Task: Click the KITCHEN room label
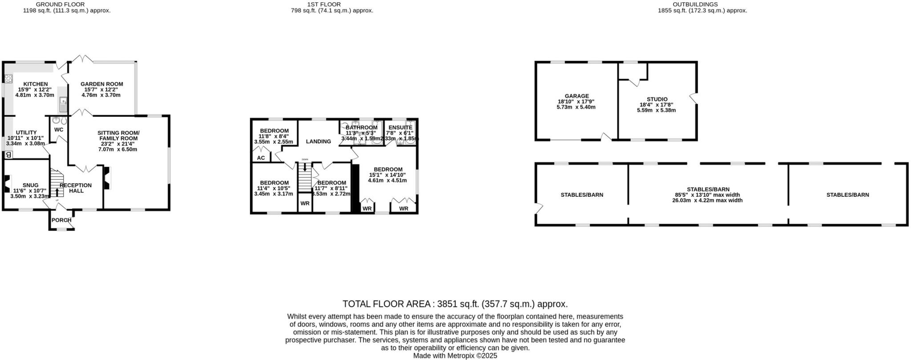[x=35, y=84]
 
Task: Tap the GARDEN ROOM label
[x=102, y=84]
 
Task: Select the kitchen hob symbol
[x=8, y=79]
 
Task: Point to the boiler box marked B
[x=8, y=155]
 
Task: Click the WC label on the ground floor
[x=59, y=129]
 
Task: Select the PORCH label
[x=61, y=220]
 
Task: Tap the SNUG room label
[x=30, y=185]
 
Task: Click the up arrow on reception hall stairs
[x=57, y=192]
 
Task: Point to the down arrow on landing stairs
[x=305, y=167]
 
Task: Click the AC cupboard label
[x=261, y=158]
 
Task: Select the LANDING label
[x=318, y=142]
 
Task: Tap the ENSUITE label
[x=400, y=128]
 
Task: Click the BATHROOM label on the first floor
[x=362, y=128]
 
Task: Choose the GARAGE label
[x=576, y=96]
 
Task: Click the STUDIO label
[x=657, y=99]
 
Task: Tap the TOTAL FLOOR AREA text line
[x=455, y=304]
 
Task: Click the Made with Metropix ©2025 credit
[x=455, y=356]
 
